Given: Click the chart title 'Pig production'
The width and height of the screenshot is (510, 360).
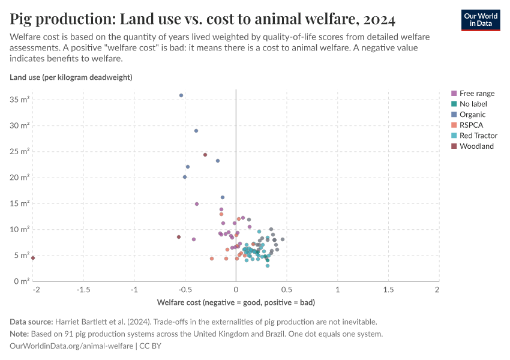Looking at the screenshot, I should (x=202, y=19).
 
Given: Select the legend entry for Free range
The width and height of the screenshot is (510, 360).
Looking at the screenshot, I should (x=477, y=94).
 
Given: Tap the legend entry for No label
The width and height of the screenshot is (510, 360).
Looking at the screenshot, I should (x=472, y=104).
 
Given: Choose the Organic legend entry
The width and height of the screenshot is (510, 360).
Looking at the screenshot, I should (x=472, y=115).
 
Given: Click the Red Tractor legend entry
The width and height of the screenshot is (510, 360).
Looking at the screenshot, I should (x=478, y=136).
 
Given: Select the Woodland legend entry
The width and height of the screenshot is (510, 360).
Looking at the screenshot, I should (x=476, y=146).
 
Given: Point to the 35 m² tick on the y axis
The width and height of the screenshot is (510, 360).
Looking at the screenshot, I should (x=20, y=99).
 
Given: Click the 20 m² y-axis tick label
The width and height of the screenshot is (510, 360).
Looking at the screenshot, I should (x=20, y=177).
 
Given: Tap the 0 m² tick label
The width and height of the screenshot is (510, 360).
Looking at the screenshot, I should (x=22, y=281).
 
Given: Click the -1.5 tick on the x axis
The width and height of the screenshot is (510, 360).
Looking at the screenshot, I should (x=83, y=290).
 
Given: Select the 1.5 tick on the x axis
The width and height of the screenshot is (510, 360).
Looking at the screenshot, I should (x=388, y=290).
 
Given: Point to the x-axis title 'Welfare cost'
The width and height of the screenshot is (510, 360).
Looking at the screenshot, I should (x=236, y=302).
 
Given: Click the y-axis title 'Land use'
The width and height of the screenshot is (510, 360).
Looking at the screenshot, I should (x=71, y=77).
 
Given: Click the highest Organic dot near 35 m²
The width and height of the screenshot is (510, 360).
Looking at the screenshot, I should (x=181, y=95).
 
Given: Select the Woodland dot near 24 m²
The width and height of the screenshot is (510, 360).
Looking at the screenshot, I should (x=205, y=155).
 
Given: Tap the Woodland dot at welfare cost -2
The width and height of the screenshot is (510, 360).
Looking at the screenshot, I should (x=33, y=258).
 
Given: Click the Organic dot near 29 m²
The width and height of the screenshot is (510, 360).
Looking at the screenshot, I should (x=196, y=131).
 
